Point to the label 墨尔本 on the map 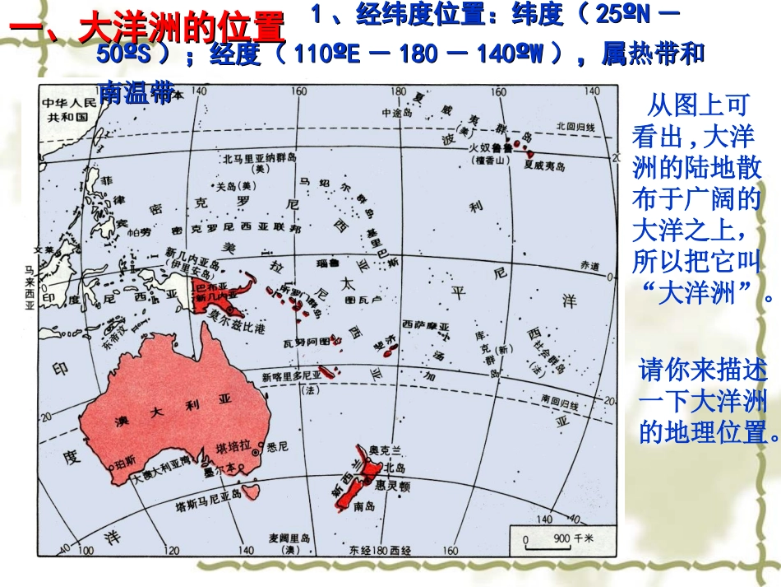pos(220,471)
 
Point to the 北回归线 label pos(575,126)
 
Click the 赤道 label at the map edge pos(589,266)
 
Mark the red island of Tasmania pos(252,493)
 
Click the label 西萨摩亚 pos(426,327)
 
